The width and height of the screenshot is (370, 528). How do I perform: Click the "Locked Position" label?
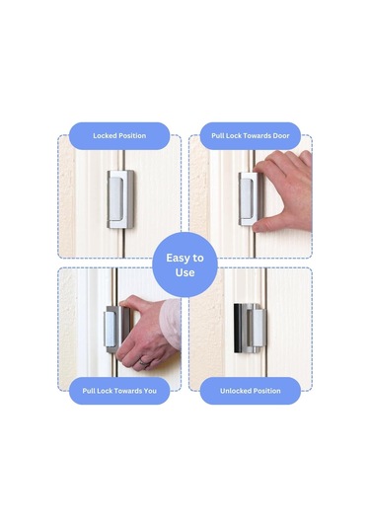(x=119, y=136)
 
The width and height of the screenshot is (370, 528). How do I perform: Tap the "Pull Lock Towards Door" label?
(x=251, y=136)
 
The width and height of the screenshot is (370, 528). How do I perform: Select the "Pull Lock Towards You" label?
(x=119, y=391)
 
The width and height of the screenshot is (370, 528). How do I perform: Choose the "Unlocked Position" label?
(x=251, y=391)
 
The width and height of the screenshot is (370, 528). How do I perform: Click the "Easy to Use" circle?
(x=185, y=264)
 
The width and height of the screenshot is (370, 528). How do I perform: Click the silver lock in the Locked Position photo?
(x=120, y=199)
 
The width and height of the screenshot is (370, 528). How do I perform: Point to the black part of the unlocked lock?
(x=238, y=329)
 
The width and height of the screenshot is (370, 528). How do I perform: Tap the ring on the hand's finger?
(x=144, y=362)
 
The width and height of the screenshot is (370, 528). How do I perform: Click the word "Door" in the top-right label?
(x=281, y=136)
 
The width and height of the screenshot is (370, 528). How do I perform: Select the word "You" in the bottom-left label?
(x=150, y=391)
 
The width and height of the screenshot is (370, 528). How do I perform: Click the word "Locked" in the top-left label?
(x=104, y=136)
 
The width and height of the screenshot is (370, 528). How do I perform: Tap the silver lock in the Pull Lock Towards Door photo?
(x=248, y=198)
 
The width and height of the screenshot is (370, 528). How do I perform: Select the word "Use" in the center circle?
(x=185, y=272)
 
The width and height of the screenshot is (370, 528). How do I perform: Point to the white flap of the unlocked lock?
(x=259, y=329)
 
